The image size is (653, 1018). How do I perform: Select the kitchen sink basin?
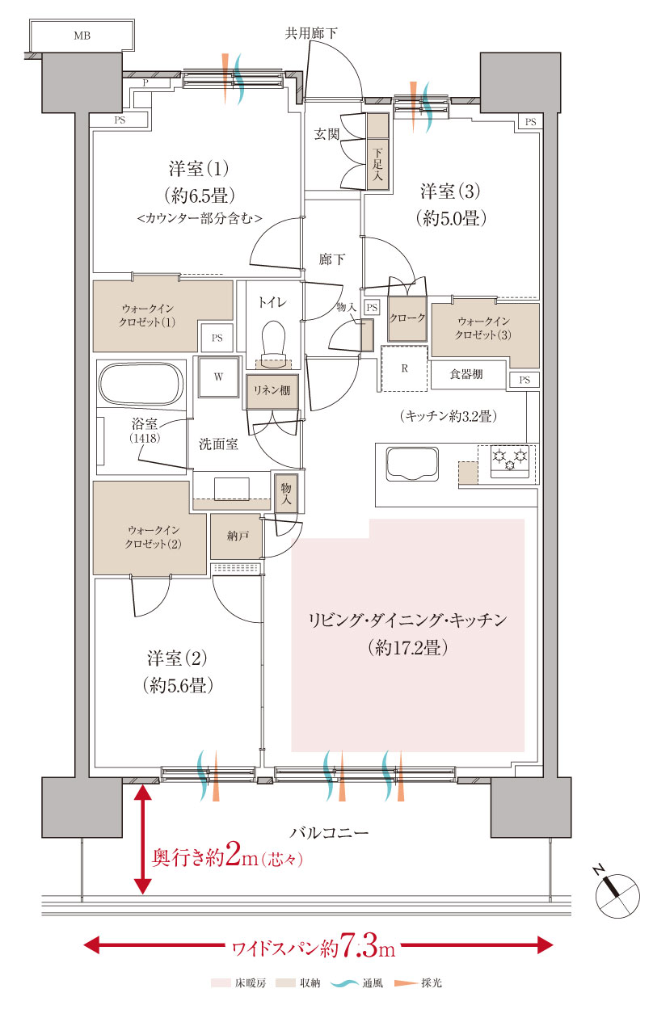pos(412,465)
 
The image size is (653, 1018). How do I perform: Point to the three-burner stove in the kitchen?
pos(509,461)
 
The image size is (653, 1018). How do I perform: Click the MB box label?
pos(82,36)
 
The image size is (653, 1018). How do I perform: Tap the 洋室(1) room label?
pos(199,170)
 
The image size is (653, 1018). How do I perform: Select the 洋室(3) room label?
pos(450,192)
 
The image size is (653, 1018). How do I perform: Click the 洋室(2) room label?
pos(178,655)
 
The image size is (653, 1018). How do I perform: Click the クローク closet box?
pos(407,318)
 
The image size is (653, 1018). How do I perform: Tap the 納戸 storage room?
pos(236,537)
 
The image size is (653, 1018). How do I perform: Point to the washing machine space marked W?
pos(218,376)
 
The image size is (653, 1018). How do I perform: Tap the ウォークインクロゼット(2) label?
pos(154,536)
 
